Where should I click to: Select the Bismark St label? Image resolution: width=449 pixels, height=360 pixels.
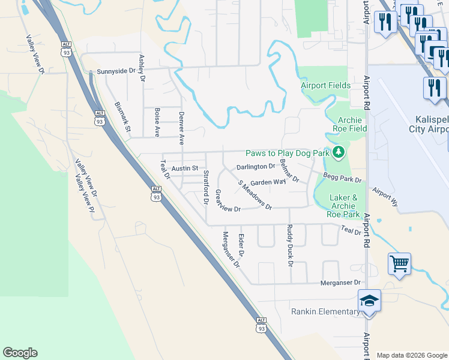coord(122,117)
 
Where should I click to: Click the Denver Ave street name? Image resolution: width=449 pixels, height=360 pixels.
coord(181,128)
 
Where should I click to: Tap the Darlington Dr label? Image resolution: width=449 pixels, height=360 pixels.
coord(256,167)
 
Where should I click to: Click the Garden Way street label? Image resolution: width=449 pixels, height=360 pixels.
coord(268,182)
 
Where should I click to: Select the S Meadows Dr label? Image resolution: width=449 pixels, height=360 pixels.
coord(255,195)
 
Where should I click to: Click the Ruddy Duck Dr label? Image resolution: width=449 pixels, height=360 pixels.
coord(289,245)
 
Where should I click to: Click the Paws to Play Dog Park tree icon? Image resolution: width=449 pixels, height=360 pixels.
coord(339,153)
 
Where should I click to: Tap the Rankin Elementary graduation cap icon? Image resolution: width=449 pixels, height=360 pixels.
coord(369,301)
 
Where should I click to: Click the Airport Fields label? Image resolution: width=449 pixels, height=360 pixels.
coord(326,85)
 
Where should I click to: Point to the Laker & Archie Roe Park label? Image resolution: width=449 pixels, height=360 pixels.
coord(345,205)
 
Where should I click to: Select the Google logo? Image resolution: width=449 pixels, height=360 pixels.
coord(20,353)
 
